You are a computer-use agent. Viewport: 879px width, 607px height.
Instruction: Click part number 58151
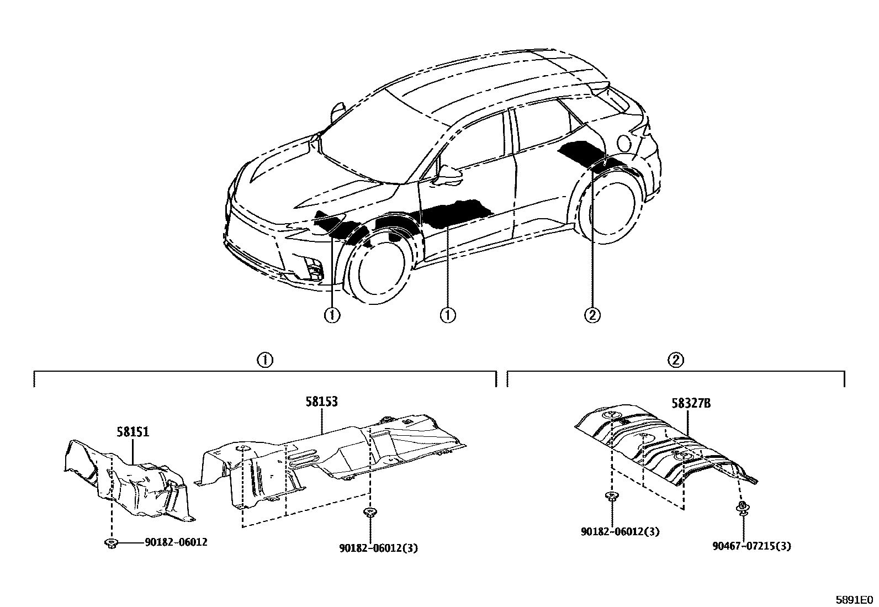pyautogui.click(x=133, y=431)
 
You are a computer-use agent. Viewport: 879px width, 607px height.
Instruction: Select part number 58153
pyautogui.click(x=322, y=402)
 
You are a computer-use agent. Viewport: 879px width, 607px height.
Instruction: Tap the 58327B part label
pyautogui.click(x=691, y=403)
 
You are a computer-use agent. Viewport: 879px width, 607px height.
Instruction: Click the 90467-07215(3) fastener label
pyautogui.click(x=751, y=546)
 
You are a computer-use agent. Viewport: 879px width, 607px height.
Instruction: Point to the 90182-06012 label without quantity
pyautogui.click(x=176, y=542)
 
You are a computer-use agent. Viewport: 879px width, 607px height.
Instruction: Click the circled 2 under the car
pyautogui.click(x=592, y=315)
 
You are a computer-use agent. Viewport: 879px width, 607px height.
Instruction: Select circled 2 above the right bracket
pyautogui.click(x=676, y=360)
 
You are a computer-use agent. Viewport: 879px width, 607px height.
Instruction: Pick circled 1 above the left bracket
pyautogui.click(x=265, y=360)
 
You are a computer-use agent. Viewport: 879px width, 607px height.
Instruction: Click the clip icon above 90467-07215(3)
pyautogui.click(x=743, y=508)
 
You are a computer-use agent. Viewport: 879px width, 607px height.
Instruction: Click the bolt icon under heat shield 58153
pyautogui.click(x=369, y=513)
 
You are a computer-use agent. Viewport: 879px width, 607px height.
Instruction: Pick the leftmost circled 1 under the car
pyautogui.click(x=332, y=315)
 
